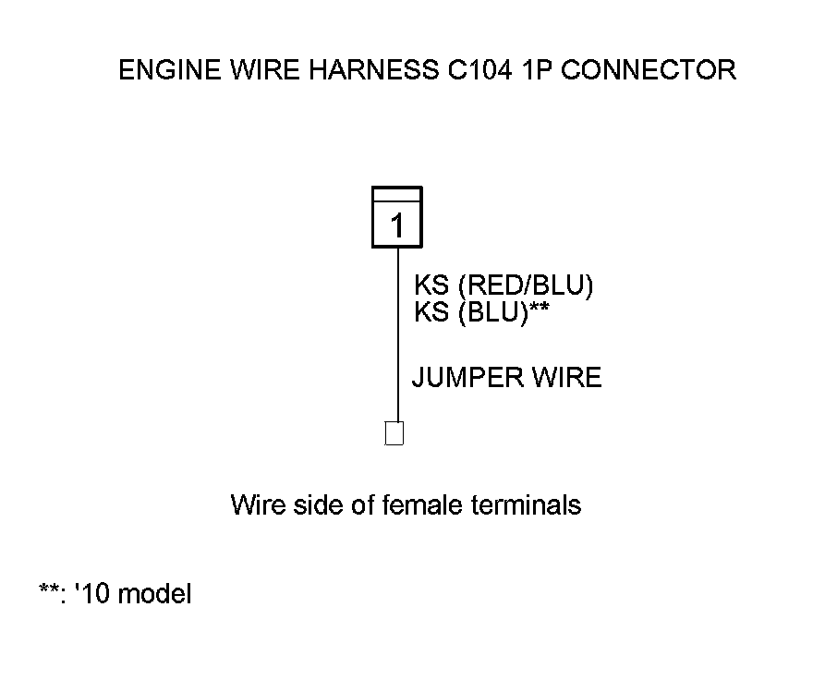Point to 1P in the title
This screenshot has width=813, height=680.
coord(540,70)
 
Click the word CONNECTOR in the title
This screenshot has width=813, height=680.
coord(649,70)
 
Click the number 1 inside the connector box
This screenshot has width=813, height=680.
coord(397,225)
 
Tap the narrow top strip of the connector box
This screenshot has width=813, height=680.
coord(397,194)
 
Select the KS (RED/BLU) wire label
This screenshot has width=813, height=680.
coord(504,285)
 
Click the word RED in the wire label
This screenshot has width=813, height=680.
coord(492,285)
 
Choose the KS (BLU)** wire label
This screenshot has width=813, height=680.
coord(482,312)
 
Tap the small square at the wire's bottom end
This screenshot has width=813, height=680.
coord(394,433)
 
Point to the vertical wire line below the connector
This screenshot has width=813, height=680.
coord(398,333)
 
